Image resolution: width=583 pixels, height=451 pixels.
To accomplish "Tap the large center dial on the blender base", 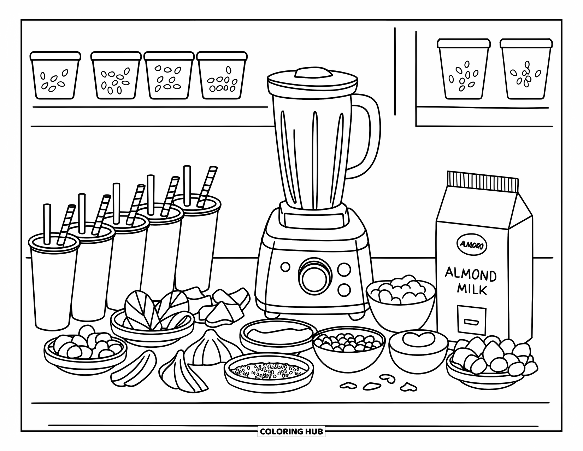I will coord(315,274).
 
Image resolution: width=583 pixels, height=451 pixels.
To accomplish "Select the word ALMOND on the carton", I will coord(470,274).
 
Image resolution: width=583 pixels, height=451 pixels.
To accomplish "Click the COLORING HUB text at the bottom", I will coord(291,431).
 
